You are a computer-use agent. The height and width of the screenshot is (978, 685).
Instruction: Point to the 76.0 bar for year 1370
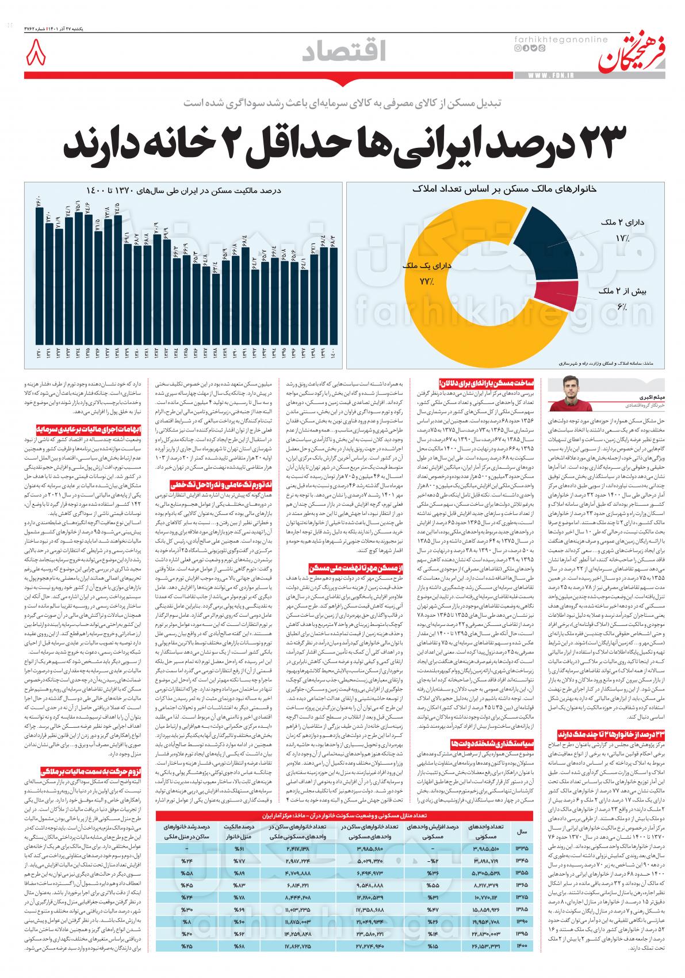point(39,276)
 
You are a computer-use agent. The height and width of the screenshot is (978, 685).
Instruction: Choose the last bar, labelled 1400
point(333,293)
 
